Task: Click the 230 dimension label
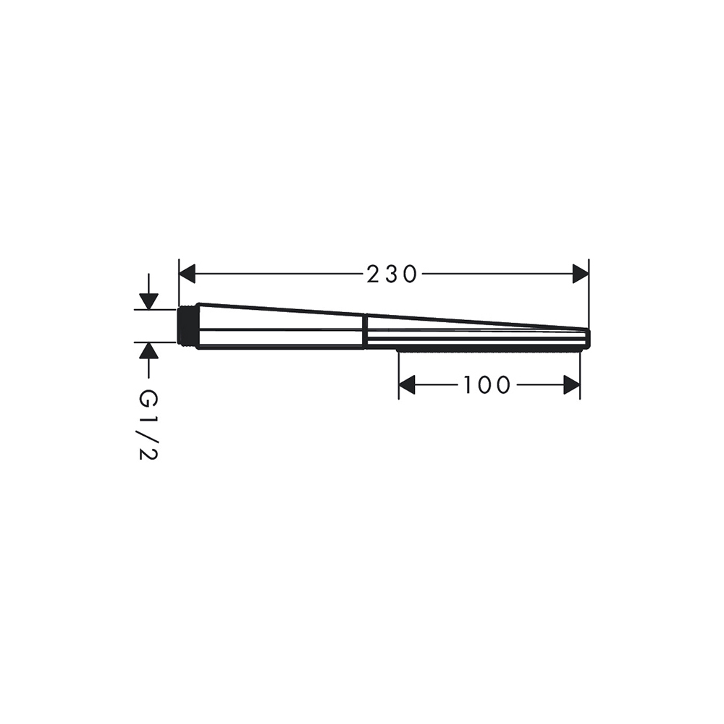pyautogui.click(x=392, y=274)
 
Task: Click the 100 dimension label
pyautogui.click(x=487, y=385)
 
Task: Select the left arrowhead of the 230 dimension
pyautogui.click(x=187, y=274)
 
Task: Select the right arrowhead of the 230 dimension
pyautogui.click(x=581, y=274)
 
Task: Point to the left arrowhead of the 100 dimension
pyautogui.click(x=407, y=385)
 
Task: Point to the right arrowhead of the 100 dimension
pyautogui.click(x=572, y=385)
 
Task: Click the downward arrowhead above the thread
pyautogui.click(x=148, y=301)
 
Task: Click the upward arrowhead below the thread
pyautogui.click(x=148, y=351)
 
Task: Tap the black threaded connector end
pyautogui.click(x=188, y=326)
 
